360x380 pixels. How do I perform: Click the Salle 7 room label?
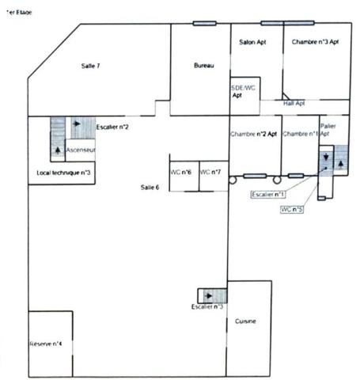[x=90, y=66]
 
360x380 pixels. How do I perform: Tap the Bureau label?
[x=204, y=66]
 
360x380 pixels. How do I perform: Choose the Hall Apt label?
[x=294, y=103]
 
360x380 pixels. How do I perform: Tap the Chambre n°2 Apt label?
[x=253, y=134]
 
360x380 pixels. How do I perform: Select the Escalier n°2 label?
[x=112, y=127]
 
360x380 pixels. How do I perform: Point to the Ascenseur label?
[x=81, y=150]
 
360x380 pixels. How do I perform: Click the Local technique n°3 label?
[x=63, y=172]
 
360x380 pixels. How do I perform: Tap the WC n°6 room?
[x=182, y=172]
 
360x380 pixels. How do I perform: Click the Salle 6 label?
[x=150, y=187]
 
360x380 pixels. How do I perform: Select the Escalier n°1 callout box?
[x=268, y=194]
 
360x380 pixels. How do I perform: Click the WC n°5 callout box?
[x=293, y=210]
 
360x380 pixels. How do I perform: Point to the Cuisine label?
[x=245, y=321]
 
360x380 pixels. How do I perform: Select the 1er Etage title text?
[x=19, y=13]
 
